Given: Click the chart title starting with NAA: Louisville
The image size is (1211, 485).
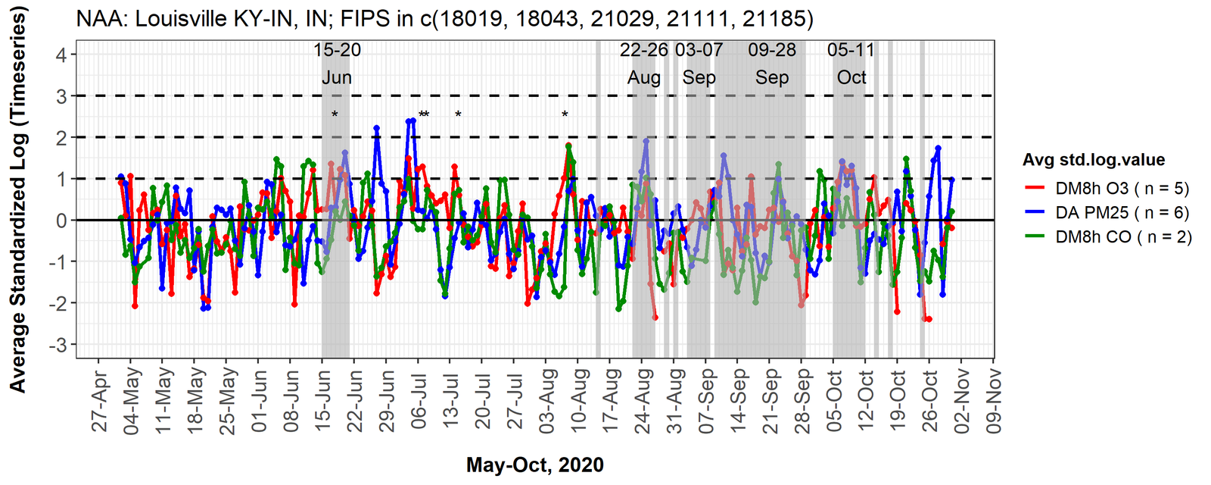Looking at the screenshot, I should [445, 17].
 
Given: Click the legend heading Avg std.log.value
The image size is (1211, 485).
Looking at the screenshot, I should [1093, 160].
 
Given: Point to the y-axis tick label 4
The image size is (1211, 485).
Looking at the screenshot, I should [61, 55].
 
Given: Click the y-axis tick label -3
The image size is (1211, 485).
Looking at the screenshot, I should [58, 345].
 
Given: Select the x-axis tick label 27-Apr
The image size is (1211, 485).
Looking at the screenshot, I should [100, 401].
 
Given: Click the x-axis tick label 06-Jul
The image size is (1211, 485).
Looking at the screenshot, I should [419, 401].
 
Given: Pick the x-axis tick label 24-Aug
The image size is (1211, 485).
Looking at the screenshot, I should [643, 401].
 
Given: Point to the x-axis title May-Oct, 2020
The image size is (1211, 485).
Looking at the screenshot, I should [535, 465].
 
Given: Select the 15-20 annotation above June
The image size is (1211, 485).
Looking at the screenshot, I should [337, 51].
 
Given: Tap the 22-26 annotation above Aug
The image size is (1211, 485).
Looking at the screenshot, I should [644, 51].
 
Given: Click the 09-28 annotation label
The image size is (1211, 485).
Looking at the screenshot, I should [772, 51].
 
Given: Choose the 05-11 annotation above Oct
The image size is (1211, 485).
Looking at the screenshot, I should [851, 51].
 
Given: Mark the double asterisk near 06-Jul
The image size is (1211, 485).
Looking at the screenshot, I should [424, 115].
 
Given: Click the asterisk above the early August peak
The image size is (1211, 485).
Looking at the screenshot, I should [565, 115].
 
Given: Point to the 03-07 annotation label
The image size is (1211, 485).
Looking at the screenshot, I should [699, 51].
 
